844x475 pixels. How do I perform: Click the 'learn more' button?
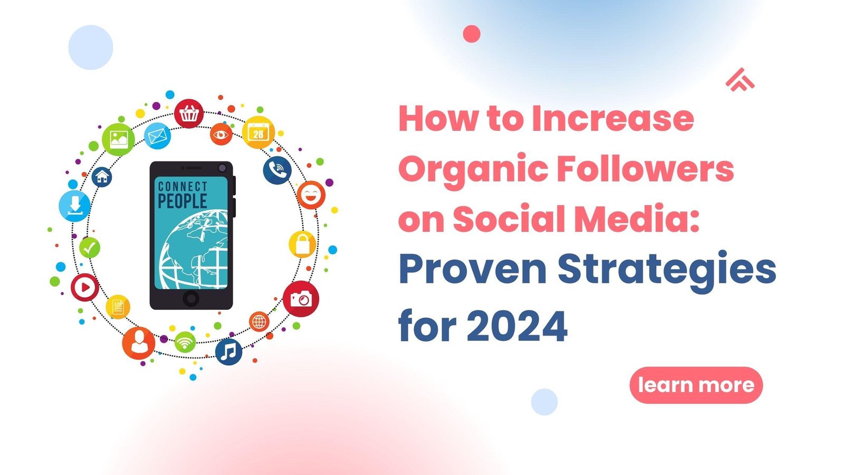696,385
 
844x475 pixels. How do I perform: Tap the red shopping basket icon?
189,113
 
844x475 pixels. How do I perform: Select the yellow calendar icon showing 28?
258,132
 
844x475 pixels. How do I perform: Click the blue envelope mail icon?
157,136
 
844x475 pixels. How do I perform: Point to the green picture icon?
118,139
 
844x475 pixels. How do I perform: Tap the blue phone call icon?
277,170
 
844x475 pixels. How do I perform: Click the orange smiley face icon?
311,195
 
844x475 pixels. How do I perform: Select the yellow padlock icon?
303,244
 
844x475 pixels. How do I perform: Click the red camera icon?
301,299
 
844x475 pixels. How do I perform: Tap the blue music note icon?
228,352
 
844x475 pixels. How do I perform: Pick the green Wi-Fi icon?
185,343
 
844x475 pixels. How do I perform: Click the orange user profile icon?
139,343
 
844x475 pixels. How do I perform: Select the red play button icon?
85,287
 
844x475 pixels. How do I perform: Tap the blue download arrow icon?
74,206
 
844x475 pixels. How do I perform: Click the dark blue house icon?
102,177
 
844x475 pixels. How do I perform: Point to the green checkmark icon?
90,248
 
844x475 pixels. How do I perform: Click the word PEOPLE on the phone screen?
183,201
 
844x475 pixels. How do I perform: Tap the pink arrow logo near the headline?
740,80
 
